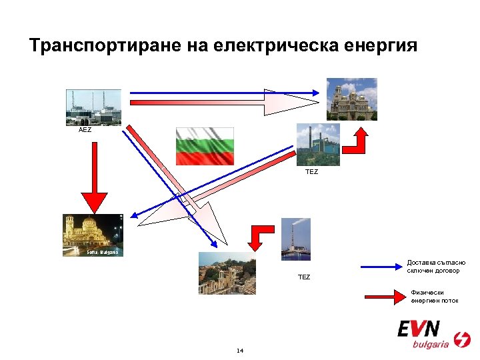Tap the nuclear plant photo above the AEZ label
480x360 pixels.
tap(93, 107)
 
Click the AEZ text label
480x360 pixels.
tap(85, 130)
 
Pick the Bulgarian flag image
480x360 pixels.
tap(205, 145)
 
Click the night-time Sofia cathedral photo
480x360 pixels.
tap(93, 235)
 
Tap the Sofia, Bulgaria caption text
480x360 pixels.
tap(102, 253)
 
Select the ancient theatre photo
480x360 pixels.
tap(227, 273)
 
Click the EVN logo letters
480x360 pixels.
tap(419, 329)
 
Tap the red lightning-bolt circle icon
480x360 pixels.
tap(461, 339)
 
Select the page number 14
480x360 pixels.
tap(240, 351)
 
